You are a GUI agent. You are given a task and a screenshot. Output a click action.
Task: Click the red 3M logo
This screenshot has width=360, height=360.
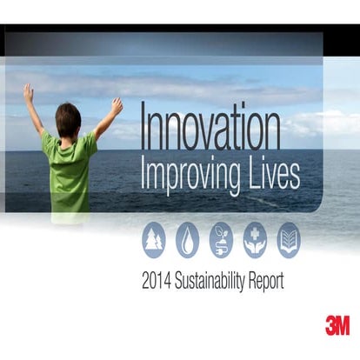pyautogui.click(x=337, y=325)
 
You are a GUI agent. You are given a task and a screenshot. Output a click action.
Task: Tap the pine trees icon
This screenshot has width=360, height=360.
pyautogui.click(x=154, y=239)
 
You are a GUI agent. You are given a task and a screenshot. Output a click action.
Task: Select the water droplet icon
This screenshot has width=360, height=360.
pyautogui.click(x=188, y=239)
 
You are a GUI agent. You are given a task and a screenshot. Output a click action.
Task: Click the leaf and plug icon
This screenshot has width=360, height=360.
pyautogui.click(x=221, y=239)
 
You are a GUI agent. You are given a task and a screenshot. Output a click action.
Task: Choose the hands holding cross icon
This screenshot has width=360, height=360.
pyautogui.click(x=255, y=239)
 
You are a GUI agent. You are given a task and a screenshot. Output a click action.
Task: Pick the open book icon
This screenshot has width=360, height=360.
pyautogui.click(x=288, y=239)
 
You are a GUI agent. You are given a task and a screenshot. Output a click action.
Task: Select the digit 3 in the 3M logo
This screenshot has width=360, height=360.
pyautogui.click(x=330, y=325)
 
